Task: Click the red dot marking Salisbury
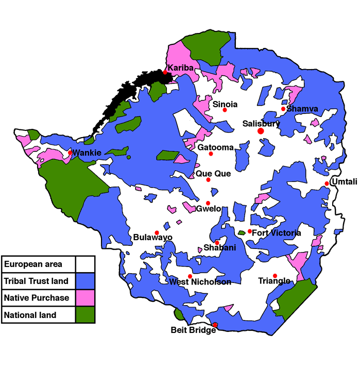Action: [261, 131]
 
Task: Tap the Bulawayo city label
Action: [152, 238]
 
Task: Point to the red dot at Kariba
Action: [165, 72]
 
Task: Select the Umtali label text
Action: [343, 181]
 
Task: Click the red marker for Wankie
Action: [70, 153]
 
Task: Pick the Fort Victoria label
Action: [276, 233]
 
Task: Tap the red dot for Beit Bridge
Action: [215, 324]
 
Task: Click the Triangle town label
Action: [274, 281]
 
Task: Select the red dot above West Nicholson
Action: [190, 276]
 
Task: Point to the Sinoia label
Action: [225, 104]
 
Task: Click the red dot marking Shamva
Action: [283, 109]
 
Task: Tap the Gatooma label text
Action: [215, 147]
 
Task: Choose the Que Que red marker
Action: [209, 180]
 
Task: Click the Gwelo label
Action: [209, 209]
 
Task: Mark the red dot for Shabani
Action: [217, 243]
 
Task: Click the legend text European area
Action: [33, 264]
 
